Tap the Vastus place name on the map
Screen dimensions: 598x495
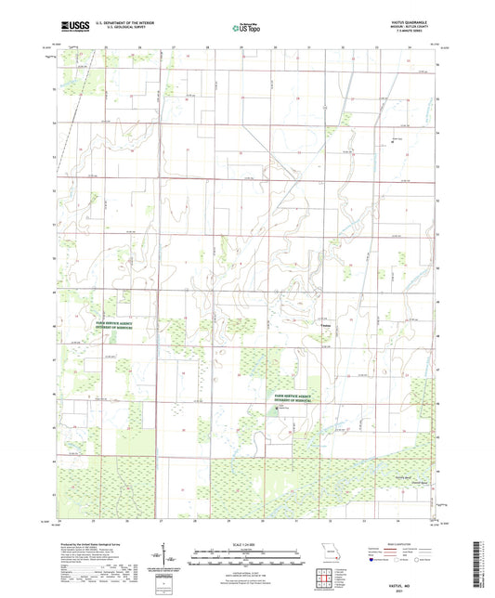(x=326, y=326)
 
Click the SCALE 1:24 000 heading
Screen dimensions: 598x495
(x=247, y=543)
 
